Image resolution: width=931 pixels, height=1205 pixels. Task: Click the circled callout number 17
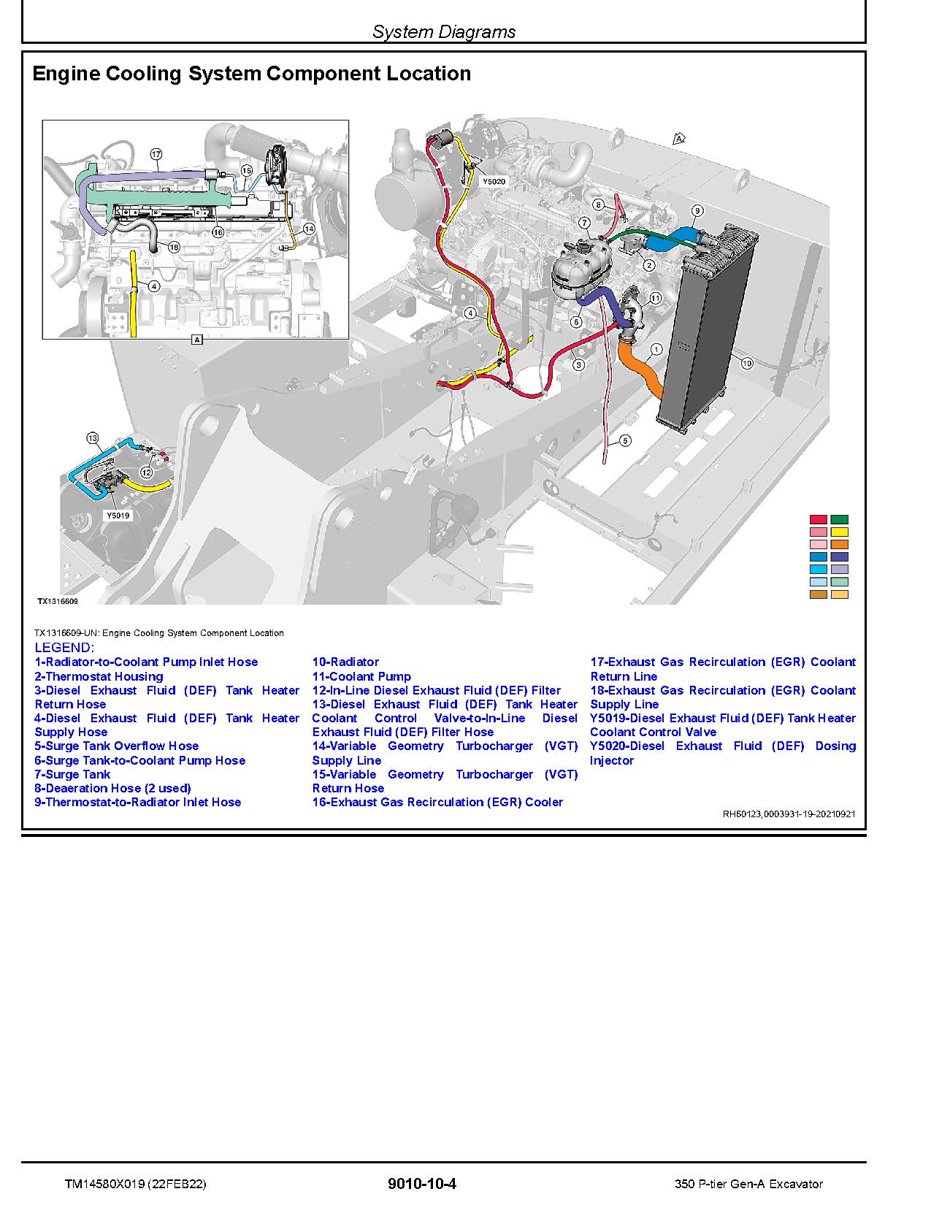tap(156, 154)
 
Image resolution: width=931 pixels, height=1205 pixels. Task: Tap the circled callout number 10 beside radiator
tap(746, 362)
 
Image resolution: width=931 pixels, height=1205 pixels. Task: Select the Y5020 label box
tap(494, 181)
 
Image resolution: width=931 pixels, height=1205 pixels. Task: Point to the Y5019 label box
tap(118, 515)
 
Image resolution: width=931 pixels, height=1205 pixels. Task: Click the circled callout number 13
tap(92, 438)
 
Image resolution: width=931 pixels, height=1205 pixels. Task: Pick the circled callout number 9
tap(697, 211)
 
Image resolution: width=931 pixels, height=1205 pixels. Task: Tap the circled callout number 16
tap(218, 232)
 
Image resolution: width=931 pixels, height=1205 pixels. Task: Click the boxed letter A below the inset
tap(196, 339)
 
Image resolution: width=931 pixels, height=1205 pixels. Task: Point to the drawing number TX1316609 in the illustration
tap(58, 602)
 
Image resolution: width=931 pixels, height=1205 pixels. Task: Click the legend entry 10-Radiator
tap(345, 662)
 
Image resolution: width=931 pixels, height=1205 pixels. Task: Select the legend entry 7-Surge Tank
tap(72, 774)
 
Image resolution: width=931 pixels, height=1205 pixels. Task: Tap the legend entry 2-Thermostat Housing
tap(99, 676)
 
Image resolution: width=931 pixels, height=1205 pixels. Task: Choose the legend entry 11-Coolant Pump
tap(361, 676)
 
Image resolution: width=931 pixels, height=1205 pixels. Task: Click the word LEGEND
tap(64, 648)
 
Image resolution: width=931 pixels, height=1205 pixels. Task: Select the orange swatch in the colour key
tap(839, 544)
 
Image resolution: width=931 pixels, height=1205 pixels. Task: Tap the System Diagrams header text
tap(443, 31)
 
